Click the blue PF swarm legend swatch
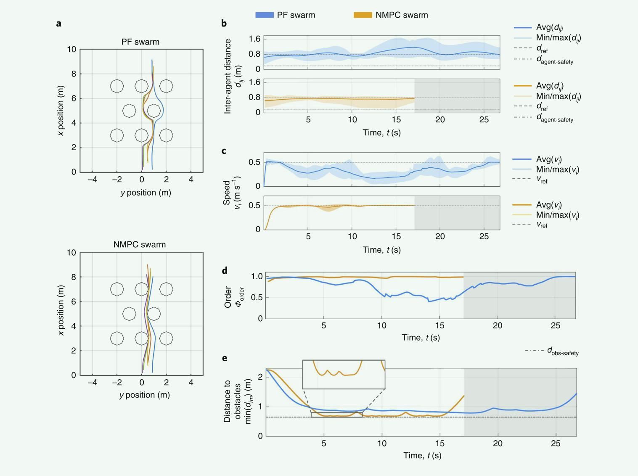coord(264,15)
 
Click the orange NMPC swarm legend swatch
coord(363,15)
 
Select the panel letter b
coord(224,24)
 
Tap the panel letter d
coord(225,271)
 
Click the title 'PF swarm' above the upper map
coord(140,42)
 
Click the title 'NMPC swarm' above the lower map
coord(140,245)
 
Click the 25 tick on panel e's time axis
coord(556,443)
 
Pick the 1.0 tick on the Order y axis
coord(257,277)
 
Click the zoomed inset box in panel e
coord(344,374)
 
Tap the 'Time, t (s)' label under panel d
coord(421,338)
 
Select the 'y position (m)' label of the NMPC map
coord(145,395)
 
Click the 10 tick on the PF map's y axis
coord(71,50)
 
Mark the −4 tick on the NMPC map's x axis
coord(92,383)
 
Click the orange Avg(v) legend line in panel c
coord(522,205)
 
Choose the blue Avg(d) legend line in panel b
coord(523,28)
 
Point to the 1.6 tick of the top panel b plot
coord(254,39)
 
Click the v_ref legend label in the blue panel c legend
coord(542,180)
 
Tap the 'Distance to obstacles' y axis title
coord(233,402)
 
